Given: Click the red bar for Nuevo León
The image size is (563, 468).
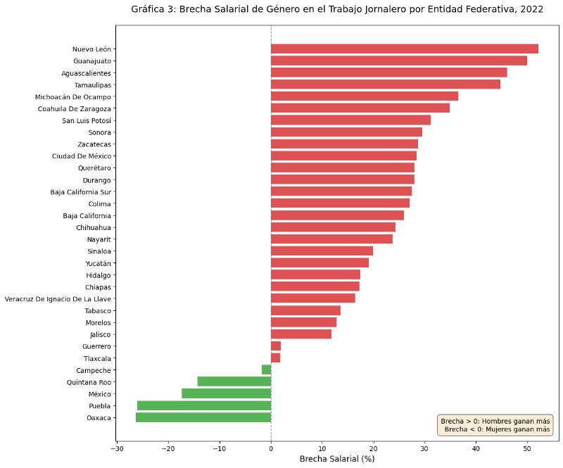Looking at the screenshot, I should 404,49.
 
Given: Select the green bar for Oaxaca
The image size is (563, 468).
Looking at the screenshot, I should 203,418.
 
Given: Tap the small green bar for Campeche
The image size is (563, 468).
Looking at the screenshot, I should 267,370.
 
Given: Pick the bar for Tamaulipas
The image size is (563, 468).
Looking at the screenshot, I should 385,84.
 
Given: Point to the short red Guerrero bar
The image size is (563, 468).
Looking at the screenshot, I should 276,346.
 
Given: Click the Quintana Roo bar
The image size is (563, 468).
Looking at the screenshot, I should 234,382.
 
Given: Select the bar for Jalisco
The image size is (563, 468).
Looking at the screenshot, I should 301,334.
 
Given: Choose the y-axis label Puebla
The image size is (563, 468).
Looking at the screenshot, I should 99,406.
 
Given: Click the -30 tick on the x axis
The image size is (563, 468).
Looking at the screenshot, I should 117,448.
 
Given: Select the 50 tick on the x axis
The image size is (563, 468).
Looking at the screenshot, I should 527,448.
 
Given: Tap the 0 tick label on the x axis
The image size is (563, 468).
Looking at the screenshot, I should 271,448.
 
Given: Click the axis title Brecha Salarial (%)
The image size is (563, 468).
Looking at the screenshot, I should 336,459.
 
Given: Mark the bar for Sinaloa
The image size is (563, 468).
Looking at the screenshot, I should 322,251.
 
